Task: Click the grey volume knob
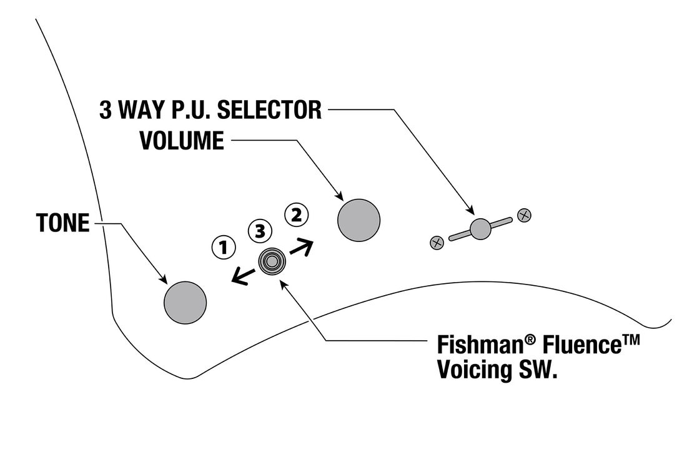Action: click(x=359, y=219)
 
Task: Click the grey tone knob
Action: click(x=185, y=303)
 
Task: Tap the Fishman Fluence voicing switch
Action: click(x=272, y=261)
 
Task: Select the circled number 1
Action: click(x=223, y=248)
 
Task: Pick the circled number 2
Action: click(x=296, y=215)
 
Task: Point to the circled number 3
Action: click(x=260, y=231)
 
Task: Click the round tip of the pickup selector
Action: click(x=480, y=228)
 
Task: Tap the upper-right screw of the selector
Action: click(x=525, y=215)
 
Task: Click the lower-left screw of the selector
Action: click(x=437, y=242)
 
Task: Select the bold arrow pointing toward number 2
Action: click(x=301, y=246)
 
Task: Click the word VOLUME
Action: click(x=181, y=141)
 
